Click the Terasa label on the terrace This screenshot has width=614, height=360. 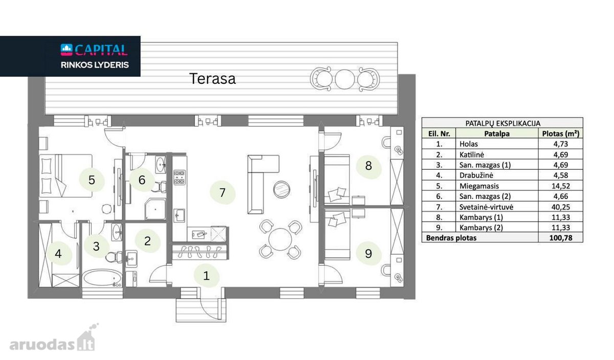click(212, 79)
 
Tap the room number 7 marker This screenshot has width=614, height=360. click(222, 193)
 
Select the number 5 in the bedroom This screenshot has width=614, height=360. click(92, 180)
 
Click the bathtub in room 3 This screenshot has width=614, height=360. click(102, 277)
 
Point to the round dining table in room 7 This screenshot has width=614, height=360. click(280, 239)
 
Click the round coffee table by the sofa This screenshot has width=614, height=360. click(281, 189)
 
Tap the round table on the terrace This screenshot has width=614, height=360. click(345, 79)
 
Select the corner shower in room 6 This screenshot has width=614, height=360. click(155, 209)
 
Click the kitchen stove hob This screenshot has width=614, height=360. click(180, 177)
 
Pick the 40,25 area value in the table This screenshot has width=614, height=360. click(561, 207)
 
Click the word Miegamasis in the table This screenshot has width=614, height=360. click(479, 186)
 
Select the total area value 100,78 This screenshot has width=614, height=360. click(561, 238)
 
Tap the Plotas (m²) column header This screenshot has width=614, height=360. click(561, 133)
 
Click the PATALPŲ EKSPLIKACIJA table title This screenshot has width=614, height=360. click(502, 123)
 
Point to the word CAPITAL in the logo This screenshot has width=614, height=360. click(101, 50)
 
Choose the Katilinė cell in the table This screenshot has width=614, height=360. click(472, 155)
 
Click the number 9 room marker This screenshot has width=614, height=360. click(368, 254)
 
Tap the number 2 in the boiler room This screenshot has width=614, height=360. click(147, 241)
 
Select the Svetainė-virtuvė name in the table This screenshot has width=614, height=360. click(486, 207)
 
